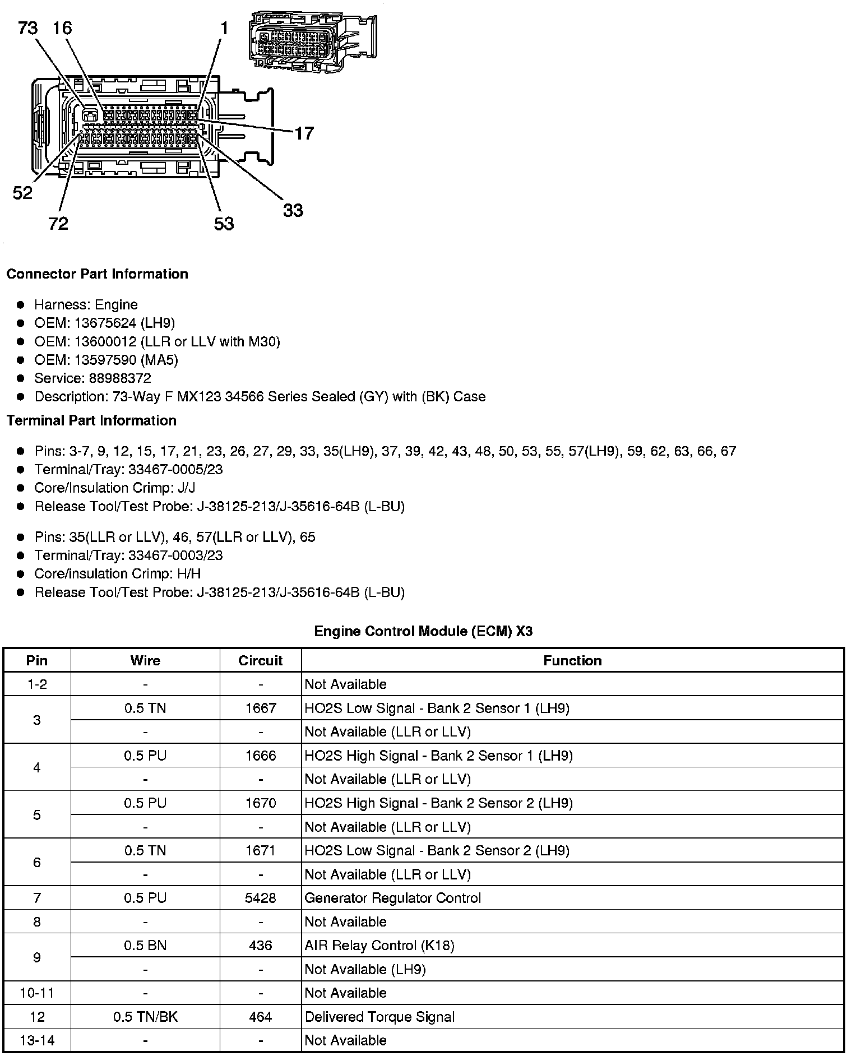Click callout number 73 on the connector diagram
pyautogui.click(x=27, y=27)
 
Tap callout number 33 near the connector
pyautogui.click(x=293, y=211)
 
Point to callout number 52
pyautogui.click(x=22, y=193)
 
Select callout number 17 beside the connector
pyautogui.click(x=304, y=133)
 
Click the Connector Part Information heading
pyautogui.click(x=97, y=274)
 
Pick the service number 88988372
pyautogui.click(x=120, y=378)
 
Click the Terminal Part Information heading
pyautogui.click(x=91, y=421)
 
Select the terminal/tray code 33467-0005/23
pyautogui.click(x=175, y=470)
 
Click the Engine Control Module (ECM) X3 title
pyautogui.click(x=423, y=632)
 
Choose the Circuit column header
pyautogui.click(x=260, y=661)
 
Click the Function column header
pyautogui.click(x=572, y=661)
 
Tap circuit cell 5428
pyautogui.click(x=260, y=898)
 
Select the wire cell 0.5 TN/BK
pyautogui.click(x=145, y=1017)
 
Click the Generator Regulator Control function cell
pyautogui.click(x=392, y=898)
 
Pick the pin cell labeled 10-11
pyautogui.click(x=37, y=993)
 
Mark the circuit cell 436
pyautogui.click(x=260, y=946)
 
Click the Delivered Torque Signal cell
pyautogui.click(x=379, y=1017)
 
